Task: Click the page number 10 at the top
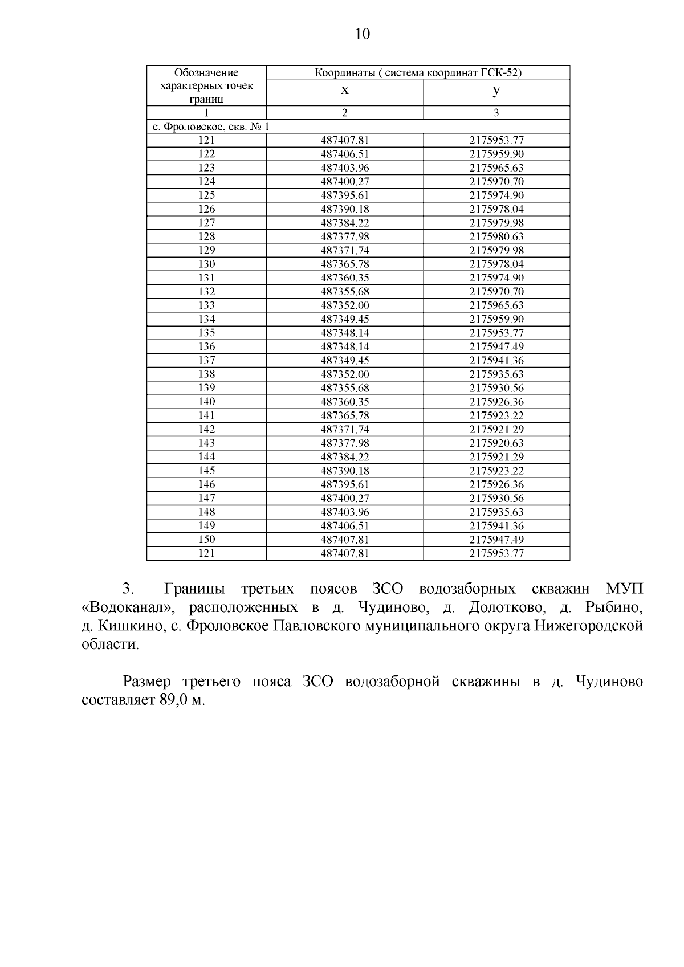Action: coord(362,34)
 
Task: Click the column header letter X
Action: coord(345,91)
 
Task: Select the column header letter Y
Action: coord(496,91)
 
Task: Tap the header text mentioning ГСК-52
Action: coord(418,72)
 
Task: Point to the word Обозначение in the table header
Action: coord(206,72)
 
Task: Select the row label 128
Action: coord(206,236)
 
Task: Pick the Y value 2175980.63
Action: coord(496,236)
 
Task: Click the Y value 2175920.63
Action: coord(496,443)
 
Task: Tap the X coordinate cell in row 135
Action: coord(345,333)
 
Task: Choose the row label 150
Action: coord(206,540)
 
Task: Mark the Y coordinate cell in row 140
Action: coord(496,402)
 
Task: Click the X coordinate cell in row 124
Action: coord(345,182)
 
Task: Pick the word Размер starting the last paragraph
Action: coord(147,682)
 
